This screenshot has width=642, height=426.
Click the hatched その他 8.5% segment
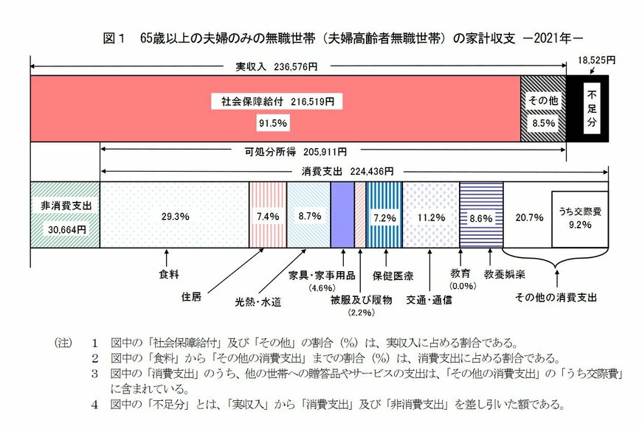(x=543, y=110)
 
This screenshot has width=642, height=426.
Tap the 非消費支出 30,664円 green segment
(x=64, y=217)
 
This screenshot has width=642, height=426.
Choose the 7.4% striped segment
(x=266, y=217)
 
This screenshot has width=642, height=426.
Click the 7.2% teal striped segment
(x=384, y=217)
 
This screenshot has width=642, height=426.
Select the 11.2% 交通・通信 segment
(x=430, y=217)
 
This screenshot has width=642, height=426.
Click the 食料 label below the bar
(x=169, y=275)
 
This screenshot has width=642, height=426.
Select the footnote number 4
(x=95, y=404)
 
